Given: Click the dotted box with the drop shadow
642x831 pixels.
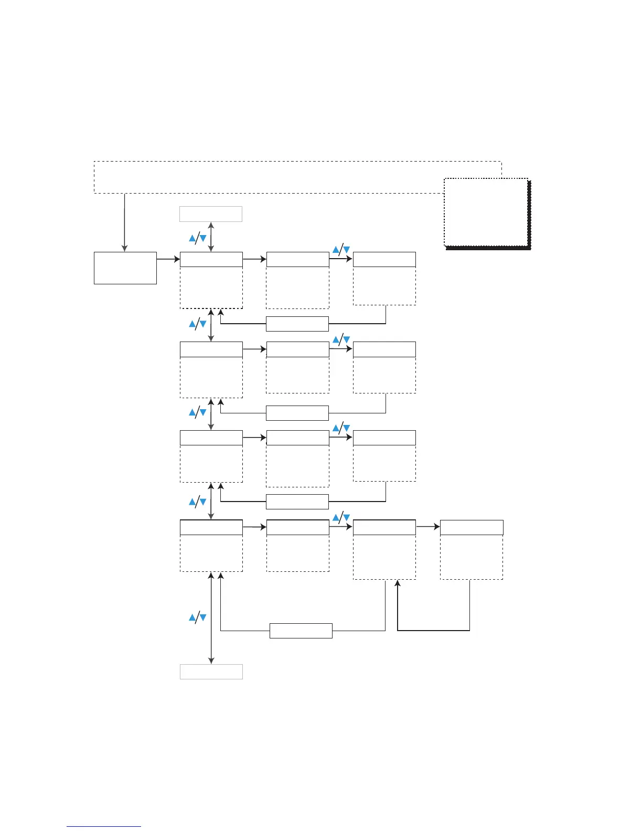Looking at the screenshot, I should coord(486,212).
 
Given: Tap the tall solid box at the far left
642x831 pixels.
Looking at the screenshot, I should coord(125,268).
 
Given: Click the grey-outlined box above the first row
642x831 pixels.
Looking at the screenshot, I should coord(211,214).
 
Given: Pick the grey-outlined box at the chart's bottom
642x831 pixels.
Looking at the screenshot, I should coord(211,672).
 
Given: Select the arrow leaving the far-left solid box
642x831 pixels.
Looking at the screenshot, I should coord(168,259).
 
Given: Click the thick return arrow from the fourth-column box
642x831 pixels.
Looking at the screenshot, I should coord(433,630).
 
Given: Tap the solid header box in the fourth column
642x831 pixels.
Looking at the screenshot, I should coord(472,527).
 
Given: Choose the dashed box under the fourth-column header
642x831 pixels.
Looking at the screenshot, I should coord(472,557).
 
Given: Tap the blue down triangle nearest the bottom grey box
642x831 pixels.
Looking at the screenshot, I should coord(203,618).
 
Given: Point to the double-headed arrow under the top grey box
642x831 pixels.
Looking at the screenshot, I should coord(211,237).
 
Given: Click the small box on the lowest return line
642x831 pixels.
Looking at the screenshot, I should coord(301,631).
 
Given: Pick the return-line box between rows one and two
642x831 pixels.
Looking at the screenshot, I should coord(297,324).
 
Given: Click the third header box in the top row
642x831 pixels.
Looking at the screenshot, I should coord(384,259).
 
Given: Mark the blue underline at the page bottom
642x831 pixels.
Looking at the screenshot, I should coord(104,826).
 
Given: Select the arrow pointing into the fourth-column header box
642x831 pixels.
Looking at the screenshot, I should coord(428,527).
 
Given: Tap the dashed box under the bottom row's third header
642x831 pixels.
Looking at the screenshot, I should coord(384,557).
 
